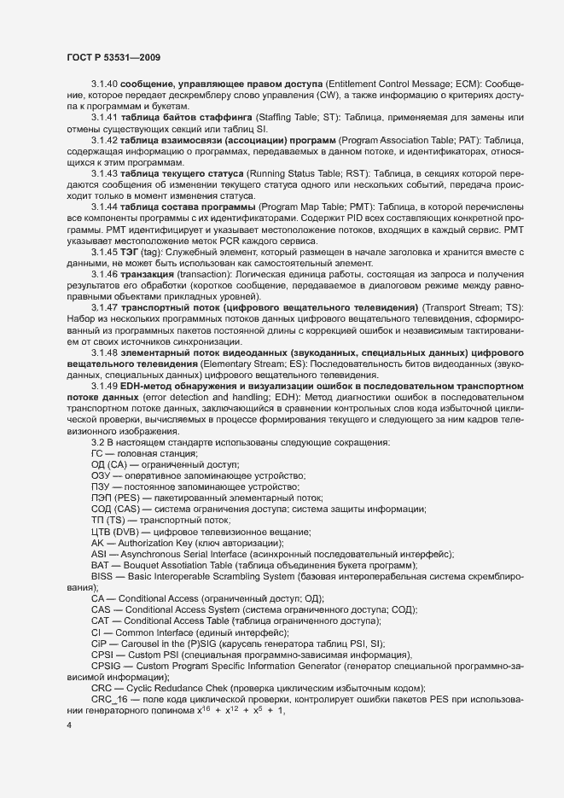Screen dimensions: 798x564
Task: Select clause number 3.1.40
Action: [x=104, y=87]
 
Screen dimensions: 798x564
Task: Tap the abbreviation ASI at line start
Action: [x=98, y=554]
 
